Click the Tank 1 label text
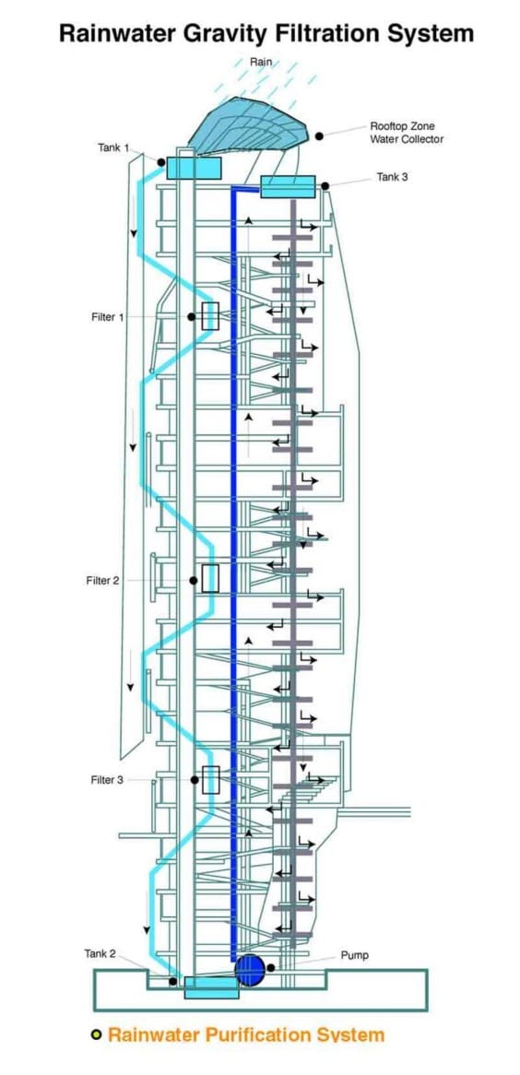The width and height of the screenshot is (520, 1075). (112, 148)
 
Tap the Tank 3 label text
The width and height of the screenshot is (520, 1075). (393, 177)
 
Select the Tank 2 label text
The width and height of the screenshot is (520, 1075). (100, 953)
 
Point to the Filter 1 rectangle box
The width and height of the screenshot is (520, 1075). (210, 316)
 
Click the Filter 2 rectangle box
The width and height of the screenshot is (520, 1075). (210, 579)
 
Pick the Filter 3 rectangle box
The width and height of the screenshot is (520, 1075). (210, 780)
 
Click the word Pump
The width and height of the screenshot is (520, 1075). (354, 955)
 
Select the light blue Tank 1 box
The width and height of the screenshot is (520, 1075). (195, 168)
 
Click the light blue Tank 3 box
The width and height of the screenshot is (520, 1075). (289, 186)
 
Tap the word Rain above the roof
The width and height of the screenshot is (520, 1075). (261, 63)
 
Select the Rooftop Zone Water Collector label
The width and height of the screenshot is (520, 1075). (407, 133)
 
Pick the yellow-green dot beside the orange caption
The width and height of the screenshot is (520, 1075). (97, 1035)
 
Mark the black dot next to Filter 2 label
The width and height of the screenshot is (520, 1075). (194, 581)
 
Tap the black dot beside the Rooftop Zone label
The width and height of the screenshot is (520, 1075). (319, 136)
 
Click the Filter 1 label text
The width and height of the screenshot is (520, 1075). (108, 317)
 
